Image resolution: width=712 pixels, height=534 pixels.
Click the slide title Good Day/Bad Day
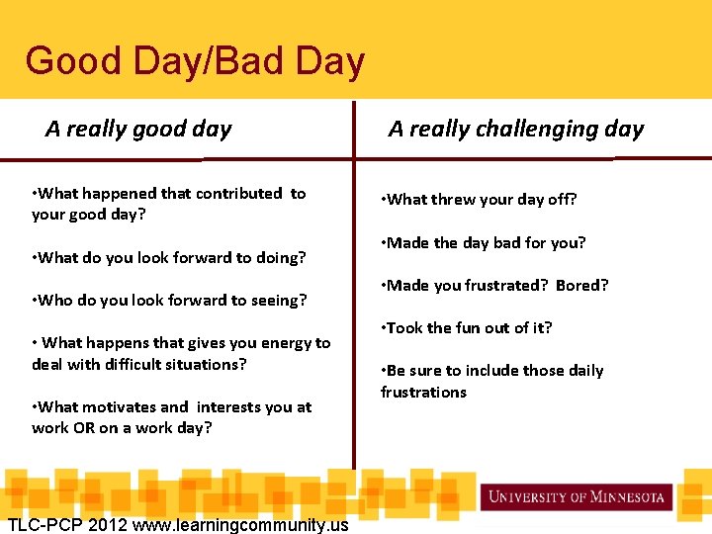[195, 61]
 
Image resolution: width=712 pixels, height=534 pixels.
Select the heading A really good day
[138, 130]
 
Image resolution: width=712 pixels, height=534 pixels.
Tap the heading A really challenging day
[515, 130]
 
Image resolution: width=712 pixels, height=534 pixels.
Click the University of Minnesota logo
[577, 496]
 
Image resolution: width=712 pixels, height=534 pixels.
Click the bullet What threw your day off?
[479, 200]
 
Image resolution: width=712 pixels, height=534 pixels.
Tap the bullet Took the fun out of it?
[467, 328]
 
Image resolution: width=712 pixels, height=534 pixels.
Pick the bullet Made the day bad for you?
[484, 243]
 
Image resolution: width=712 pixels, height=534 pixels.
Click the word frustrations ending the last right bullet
[423, 393]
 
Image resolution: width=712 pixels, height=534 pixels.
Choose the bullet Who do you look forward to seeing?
[169, 301]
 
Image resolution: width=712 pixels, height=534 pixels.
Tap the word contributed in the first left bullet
[236, 194]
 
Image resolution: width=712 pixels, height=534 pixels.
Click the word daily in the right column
[583, 371]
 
